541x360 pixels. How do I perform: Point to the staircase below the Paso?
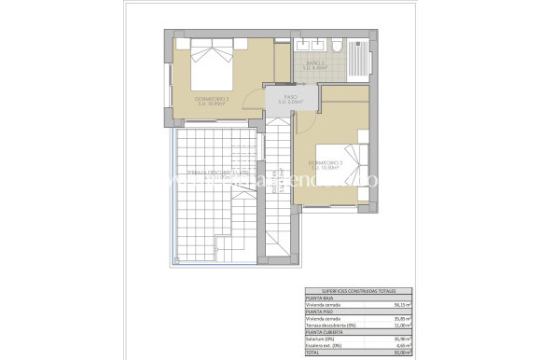[x=277, y=187]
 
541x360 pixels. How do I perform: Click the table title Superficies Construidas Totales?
[x=340, y=292]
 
